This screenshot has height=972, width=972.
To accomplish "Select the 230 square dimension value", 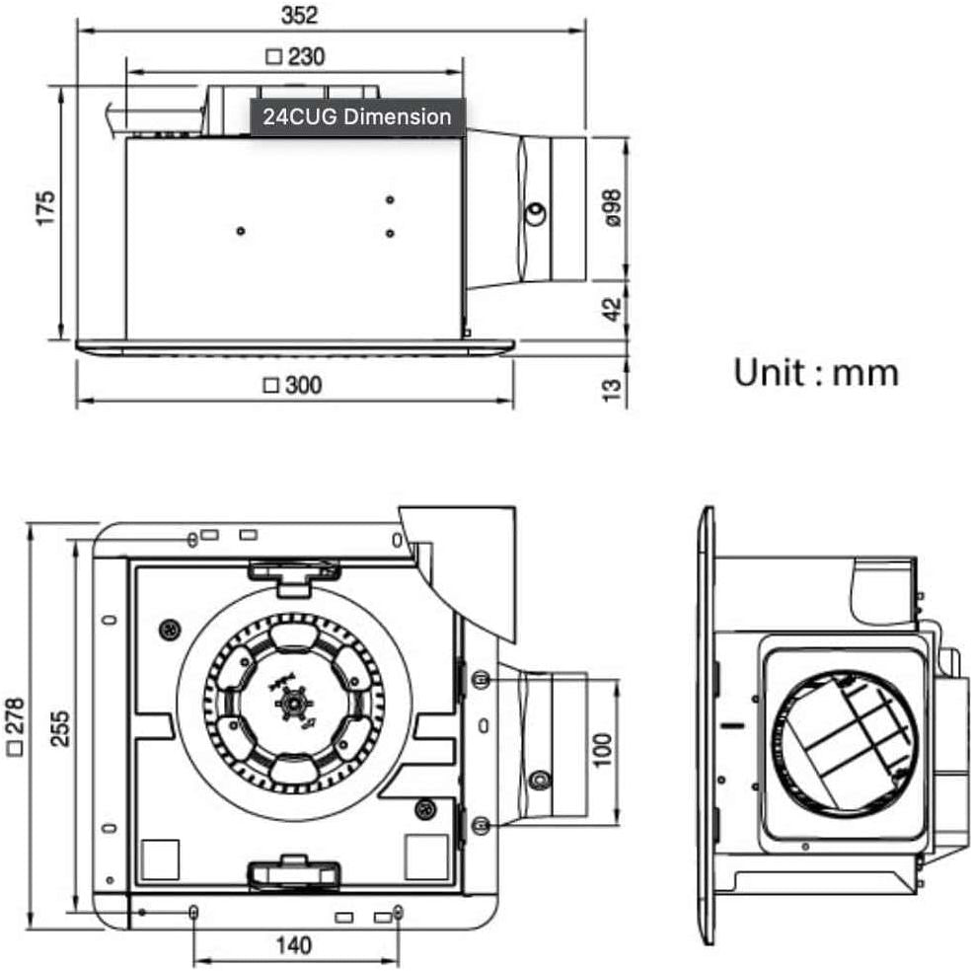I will (x=296, y=57).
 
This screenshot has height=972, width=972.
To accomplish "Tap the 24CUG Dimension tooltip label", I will (x=356, y=116).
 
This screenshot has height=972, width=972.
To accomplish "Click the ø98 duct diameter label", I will (x=612, y=209).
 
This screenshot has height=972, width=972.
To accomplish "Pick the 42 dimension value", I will (x=612, y=308).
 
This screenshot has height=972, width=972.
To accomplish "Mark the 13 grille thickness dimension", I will (x=612, y=389).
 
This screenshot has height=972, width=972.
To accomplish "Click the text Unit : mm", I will (x=815, y=373).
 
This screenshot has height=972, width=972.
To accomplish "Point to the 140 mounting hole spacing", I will (x=293, y=945).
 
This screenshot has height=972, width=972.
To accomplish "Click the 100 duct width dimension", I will (x=603, y=748).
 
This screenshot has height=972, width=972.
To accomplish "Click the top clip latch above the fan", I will (x=294, y=572).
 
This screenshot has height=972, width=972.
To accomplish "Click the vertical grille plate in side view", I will (x=707, y=725).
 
